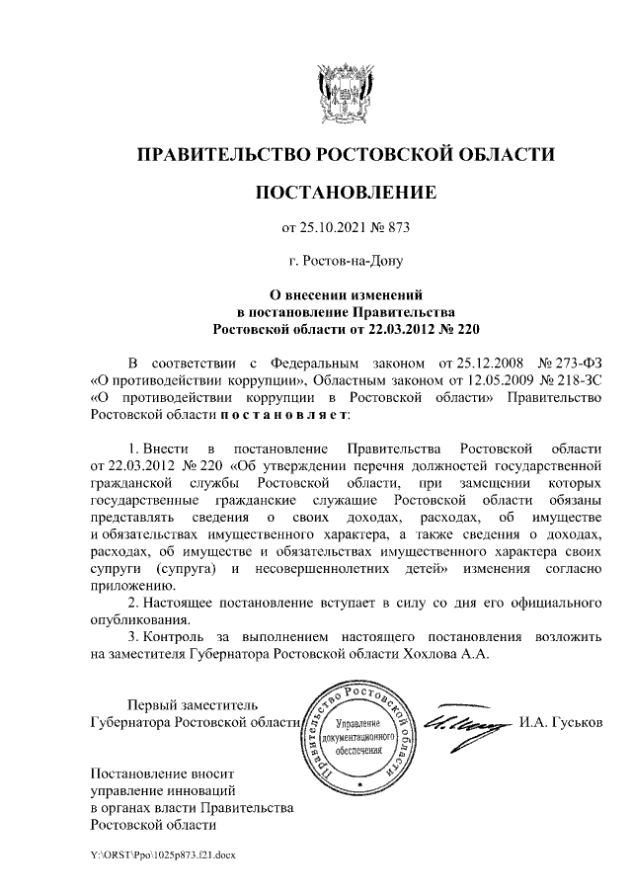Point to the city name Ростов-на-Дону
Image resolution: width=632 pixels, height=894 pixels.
pos(346,262)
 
